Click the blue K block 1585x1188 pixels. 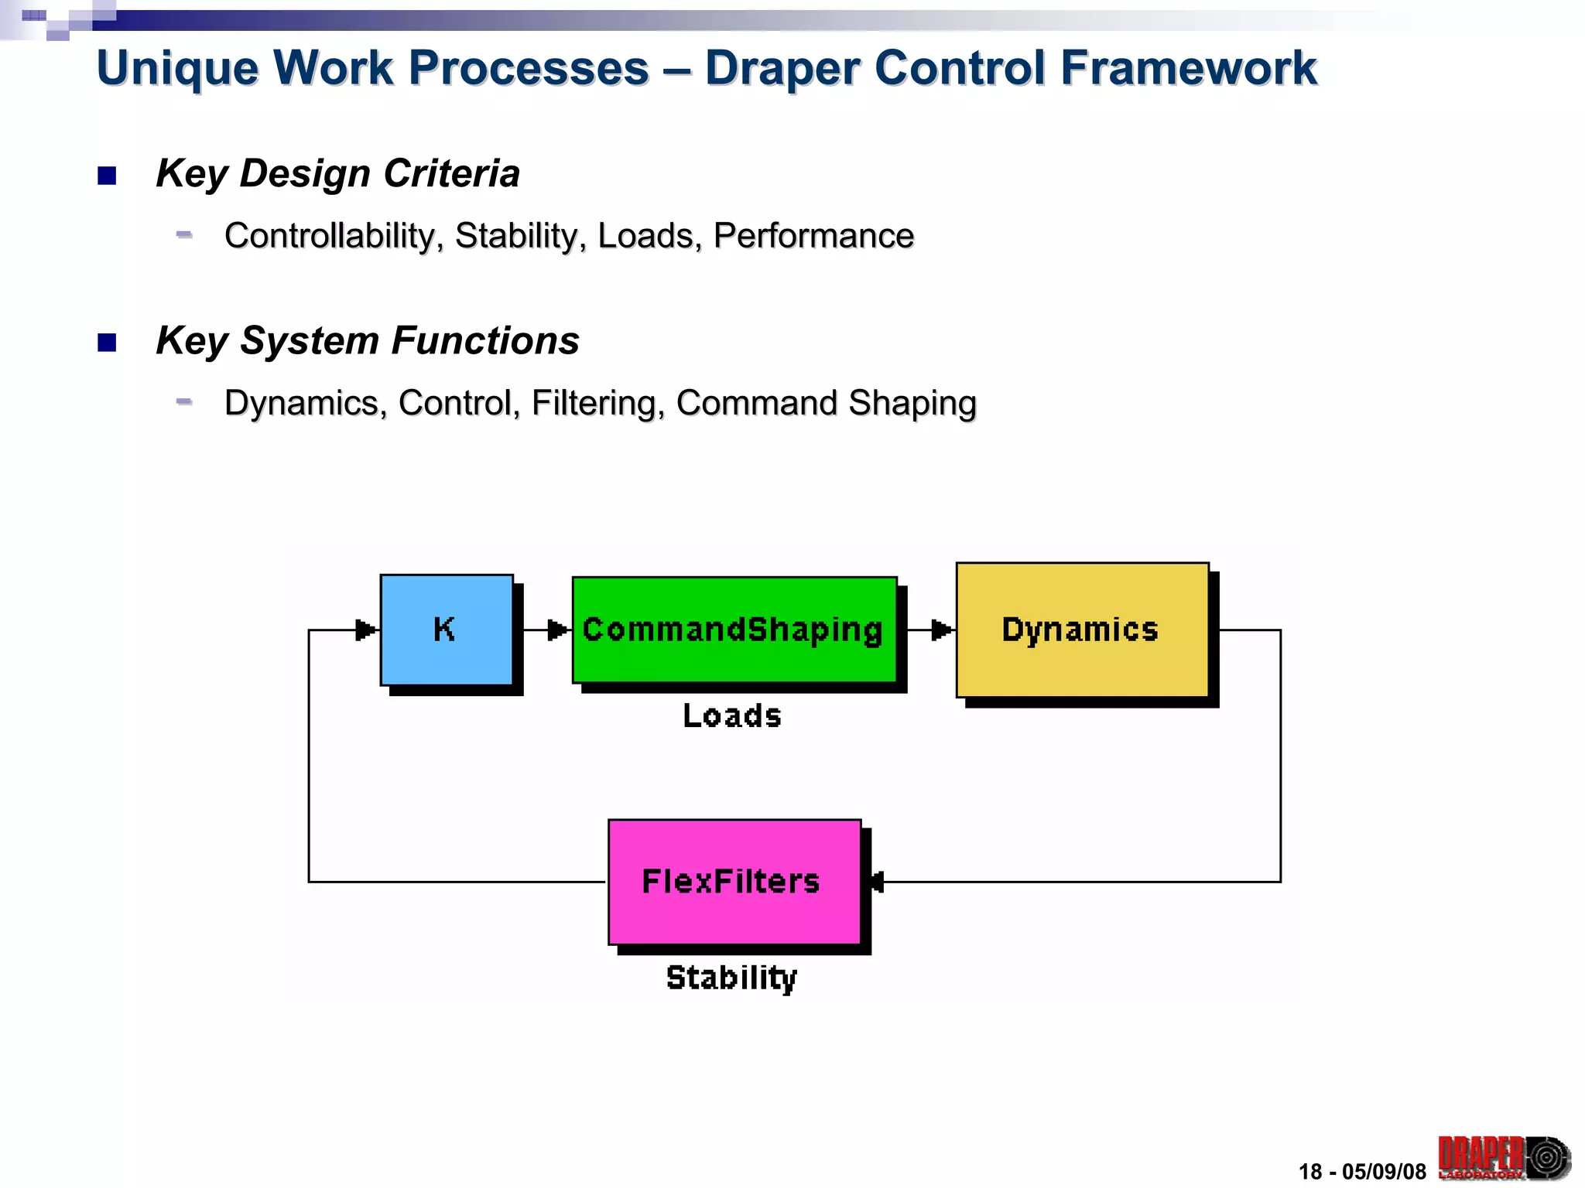click(447, 630)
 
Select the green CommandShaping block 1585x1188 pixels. click(734, 630)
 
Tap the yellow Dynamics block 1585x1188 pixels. click(1082, 630)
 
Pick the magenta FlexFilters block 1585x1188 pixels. click(734, 882)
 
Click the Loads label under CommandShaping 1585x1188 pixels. click(732, 716)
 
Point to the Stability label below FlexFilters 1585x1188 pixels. click(731, 978)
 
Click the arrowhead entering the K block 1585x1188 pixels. click(365, 630)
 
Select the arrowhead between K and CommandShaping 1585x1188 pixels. click(557, 630)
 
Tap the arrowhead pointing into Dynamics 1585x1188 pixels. click(941, 630)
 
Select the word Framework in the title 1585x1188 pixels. click(1188, 68)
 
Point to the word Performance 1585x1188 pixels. click(813, 236)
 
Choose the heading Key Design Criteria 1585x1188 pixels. click(337, 173)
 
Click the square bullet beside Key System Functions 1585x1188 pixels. click(107, 343)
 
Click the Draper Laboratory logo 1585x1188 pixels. click(1504, 1158)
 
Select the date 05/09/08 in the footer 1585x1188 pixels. click(1384, 1172)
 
